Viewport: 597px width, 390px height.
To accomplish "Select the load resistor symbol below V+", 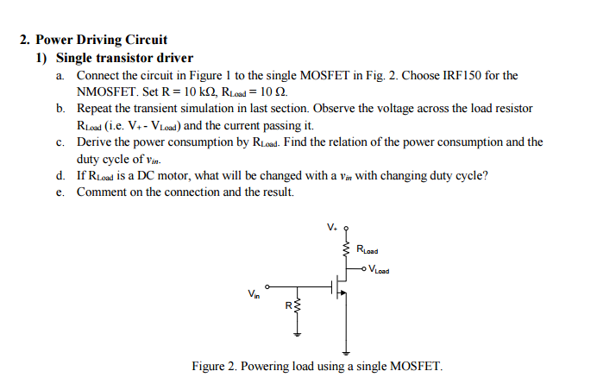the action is point(347,251).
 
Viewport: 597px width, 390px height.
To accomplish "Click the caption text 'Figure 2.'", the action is point(213,367).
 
